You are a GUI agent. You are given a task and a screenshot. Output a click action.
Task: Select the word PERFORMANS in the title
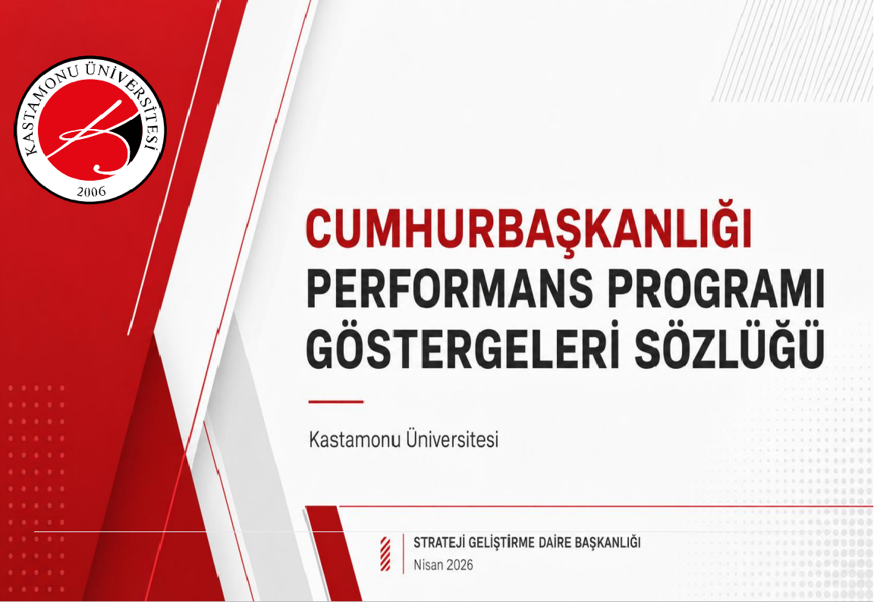[449, 288]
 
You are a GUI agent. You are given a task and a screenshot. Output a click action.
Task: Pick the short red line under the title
[335, 401]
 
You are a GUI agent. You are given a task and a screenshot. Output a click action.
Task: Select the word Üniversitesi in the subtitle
[453, 439]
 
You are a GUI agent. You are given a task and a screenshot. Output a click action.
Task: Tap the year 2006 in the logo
[91, 192]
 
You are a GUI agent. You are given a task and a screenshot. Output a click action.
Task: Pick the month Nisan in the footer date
[428, 565]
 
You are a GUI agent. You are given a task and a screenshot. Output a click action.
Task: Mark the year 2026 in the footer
[459, 565]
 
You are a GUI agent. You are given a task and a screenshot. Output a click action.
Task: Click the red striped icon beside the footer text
[385, 554]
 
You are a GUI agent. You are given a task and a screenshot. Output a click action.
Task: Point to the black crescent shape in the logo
[133, 137]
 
